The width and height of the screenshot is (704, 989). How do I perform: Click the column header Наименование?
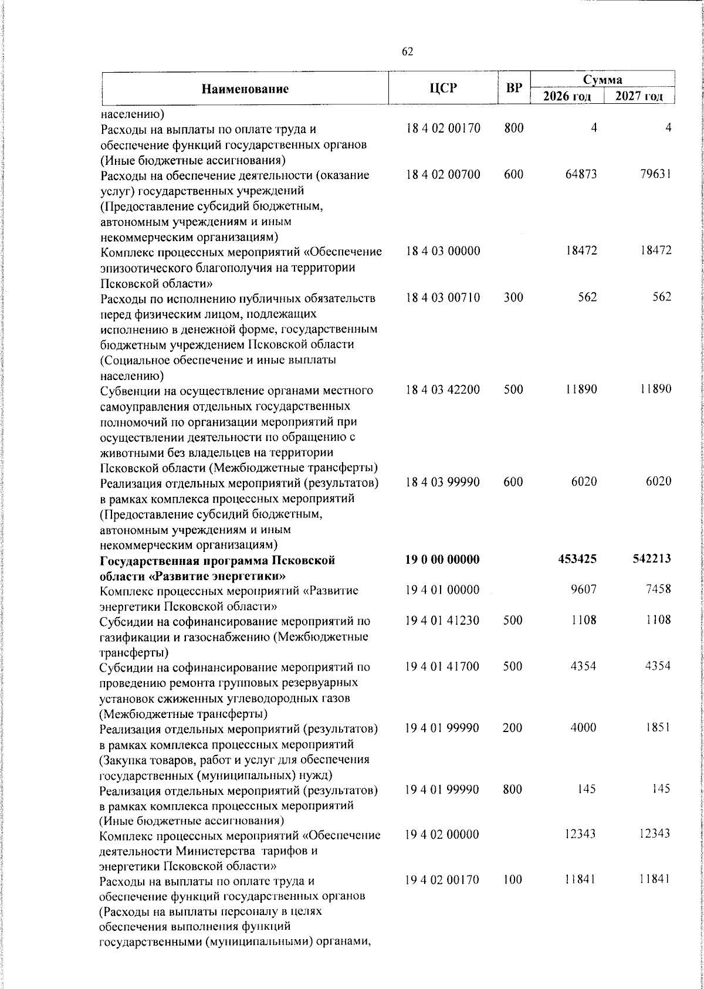point(245,89)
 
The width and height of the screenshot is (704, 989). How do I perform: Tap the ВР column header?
point(514,89)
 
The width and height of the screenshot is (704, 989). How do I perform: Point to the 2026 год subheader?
point(567,96)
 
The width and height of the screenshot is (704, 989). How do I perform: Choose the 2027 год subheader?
point(639,96)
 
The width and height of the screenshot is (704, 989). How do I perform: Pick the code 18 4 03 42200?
point(442,389)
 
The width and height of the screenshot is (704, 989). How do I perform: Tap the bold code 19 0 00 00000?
point(442,560)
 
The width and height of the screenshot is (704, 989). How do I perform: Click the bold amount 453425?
point(577,560)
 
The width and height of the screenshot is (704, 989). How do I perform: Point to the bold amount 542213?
point(650,560)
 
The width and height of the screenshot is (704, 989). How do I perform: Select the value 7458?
point(657,590)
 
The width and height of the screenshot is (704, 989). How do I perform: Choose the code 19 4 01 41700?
point(442,666)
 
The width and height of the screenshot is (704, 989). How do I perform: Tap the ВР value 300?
point(513,297)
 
